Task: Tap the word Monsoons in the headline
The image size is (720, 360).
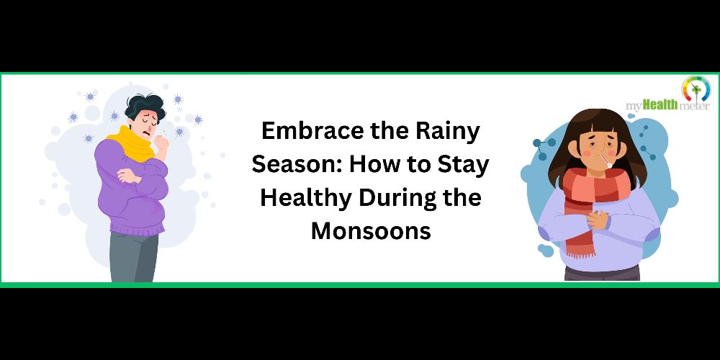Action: click(x=371, y=230)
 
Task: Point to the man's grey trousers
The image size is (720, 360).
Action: click(x=134, y=257)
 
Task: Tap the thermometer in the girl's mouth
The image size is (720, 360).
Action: click(x=606, y=161)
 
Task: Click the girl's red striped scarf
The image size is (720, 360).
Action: click(x=595, y=202)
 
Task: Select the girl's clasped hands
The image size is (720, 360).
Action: click(x=598, y=220)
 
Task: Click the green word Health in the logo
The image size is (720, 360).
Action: click(x=660, y=105)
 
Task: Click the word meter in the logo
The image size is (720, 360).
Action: click(x=694, y=107)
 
